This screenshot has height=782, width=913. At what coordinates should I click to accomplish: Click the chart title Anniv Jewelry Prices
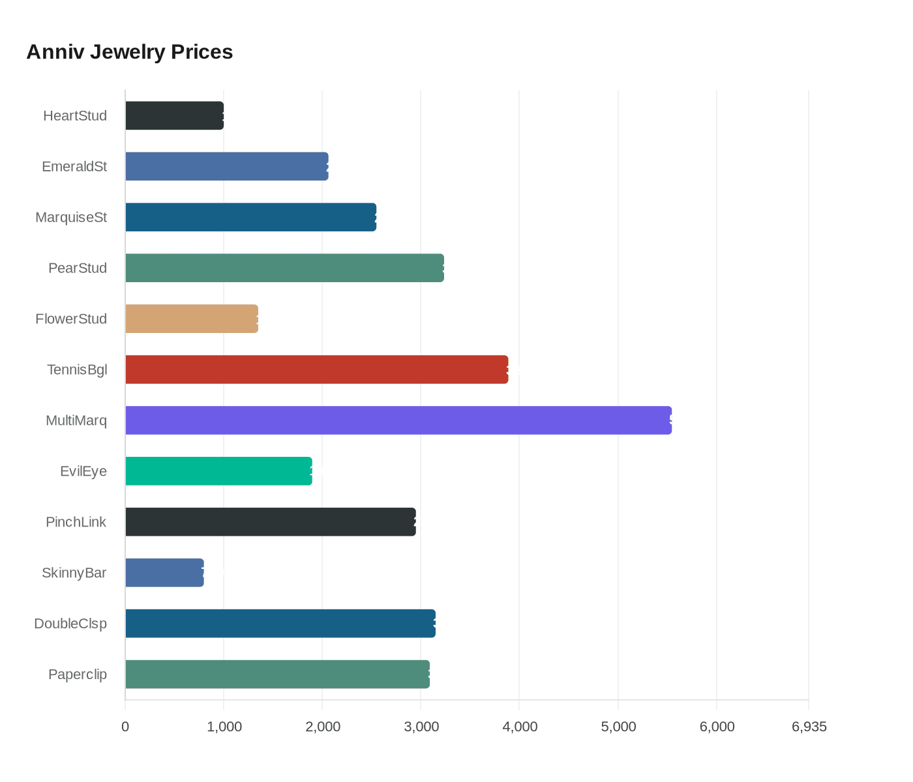pyautogui.click(x=129, y=52)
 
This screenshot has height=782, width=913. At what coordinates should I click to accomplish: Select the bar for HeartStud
pyautogui.click(x=174, y=116)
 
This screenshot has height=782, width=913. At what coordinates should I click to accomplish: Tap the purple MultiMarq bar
pyautogui.click(x=398, y=420)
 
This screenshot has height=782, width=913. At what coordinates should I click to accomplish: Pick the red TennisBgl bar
pyautogui.click(x=316, y=369)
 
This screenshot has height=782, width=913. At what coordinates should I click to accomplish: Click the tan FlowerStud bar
pyautogui.click(x=192, y=319)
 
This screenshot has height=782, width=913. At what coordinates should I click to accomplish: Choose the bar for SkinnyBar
pyautogui.click(x=164, y=573)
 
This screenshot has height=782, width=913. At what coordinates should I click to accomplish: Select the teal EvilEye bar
pyautogui.click(x=218, y=471)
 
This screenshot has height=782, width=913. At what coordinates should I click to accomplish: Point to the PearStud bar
pyautogui.click(x=284, y=268)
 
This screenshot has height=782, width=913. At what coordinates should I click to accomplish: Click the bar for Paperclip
pyautogui.click(x=277, y=674)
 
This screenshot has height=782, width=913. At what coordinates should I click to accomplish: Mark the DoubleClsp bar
pyautogui.click(x=280, y=624)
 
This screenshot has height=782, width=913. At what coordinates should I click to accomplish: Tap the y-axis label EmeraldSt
pyautogui.click(x=74, y=167)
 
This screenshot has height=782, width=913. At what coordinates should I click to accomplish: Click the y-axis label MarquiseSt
pyautogui.click(x=71, y=218)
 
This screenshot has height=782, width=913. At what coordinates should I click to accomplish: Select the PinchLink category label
pyautogui.click(x=76, y=522)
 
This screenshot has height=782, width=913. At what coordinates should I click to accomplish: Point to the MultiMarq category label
pyautogui.click(x=76, y=420)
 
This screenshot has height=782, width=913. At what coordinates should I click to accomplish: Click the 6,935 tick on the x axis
pyautogui.click(x=809, y=727)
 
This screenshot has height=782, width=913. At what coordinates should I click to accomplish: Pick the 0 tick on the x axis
pyautogui.click(x=125, y=727)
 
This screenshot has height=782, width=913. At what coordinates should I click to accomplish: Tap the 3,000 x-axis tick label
pyautogui.click(x=421, y=727)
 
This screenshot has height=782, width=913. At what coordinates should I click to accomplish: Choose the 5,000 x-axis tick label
pyautogui.click(x=618, y=727)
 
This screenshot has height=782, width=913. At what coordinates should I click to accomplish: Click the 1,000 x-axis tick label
pyautogui.click(x=224, y=727)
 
